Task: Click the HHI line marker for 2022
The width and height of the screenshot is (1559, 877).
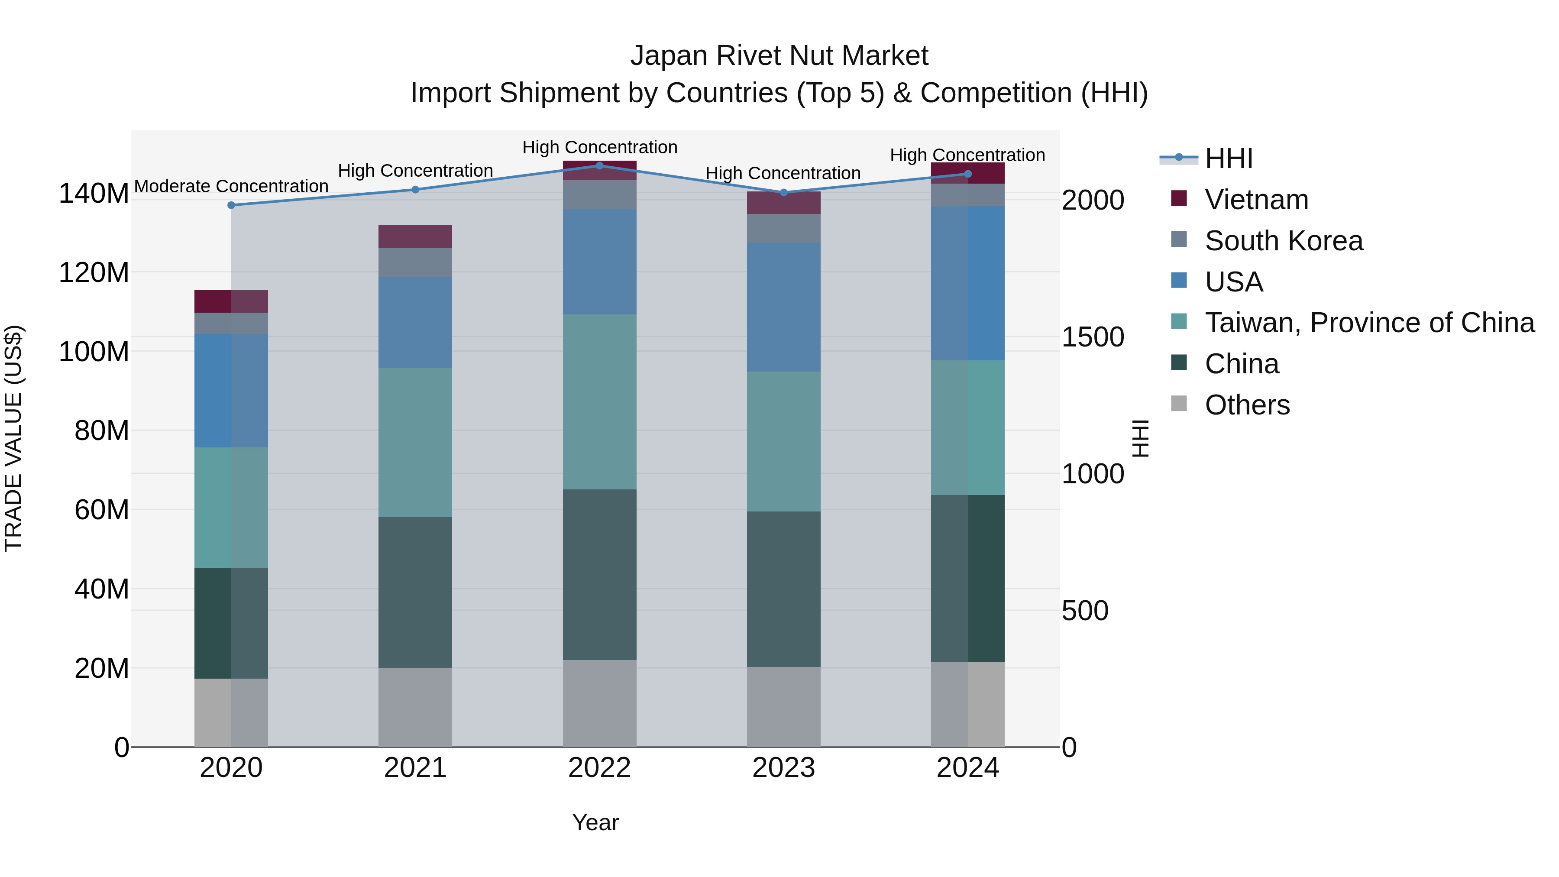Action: point(599,165)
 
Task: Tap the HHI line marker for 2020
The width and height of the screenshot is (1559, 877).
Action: point(231,205)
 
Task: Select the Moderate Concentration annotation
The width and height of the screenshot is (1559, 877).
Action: point(231,186)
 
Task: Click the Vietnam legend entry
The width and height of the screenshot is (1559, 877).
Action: point(1256,200)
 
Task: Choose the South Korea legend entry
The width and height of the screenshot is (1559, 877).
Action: point(1283,241)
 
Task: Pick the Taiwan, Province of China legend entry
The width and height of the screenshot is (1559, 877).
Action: point(1369,323)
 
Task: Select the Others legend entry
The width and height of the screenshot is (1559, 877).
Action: point(1247,405)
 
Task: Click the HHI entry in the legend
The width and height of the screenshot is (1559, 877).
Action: point(1228,159)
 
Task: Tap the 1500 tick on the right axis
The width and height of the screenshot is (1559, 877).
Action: point(1093,337)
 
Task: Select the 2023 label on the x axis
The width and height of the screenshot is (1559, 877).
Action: point(783,768)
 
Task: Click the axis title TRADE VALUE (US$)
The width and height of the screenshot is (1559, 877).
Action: point(13,438)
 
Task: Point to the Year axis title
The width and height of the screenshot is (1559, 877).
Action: point(595,822)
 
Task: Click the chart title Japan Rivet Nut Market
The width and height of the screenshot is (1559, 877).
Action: point(779,56)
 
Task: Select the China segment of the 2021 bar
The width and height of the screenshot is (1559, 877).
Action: point(415,592)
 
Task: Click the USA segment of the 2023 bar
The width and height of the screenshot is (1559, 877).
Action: point(783,307)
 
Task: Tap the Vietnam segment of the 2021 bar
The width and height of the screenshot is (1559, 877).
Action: point(415,236)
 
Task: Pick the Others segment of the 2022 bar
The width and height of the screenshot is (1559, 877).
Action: point(599,703)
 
